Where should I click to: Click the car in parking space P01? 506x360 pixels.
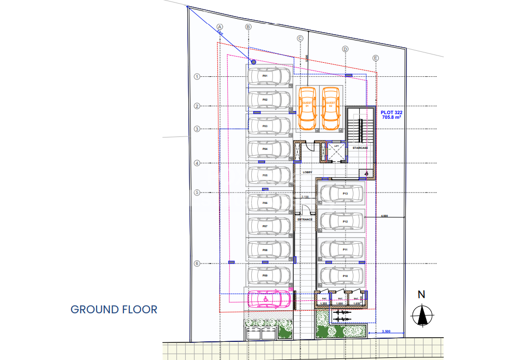pos(269,76)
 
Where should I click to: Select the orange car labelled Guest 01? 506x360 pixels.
pos(307,109)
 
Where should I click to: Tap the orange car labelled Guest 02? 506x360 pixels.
pos(331,109)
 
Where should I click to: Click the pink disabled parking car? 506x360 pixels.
pos(269,299)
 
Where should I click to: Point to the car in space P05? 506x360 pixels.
pos(269,176)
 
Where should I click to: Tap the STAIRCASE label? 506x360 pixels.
pos(360,148)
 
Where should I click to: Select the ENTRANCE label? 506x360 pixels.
pos(305,219)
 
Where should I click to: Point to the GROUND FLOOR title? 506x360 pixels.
pos(114,310)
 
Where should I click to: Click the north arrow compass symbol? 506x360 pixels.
pos(423,314)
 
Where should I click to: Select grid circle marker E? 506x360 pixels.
pos(376,58)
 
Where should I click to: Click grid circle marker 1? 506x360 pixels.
pos(197,76)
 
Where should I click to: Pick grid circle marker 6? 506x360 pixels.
pos(197,264)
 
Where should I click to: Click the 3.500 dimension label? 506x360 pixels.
pos(386,331)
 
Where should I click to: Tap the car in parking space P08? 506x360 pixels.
pos(269,250)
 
